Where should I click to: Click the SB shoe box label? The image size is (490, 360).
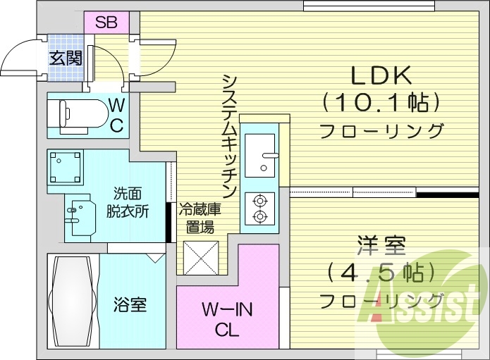(106, 21)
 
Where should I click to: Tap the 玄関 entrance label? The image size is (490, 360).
(66, 58)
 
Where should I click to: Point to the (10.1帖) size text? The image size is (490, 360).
(381, 103)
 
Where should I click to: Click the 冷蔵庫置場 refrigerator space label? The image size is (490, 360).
(200, 218)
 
